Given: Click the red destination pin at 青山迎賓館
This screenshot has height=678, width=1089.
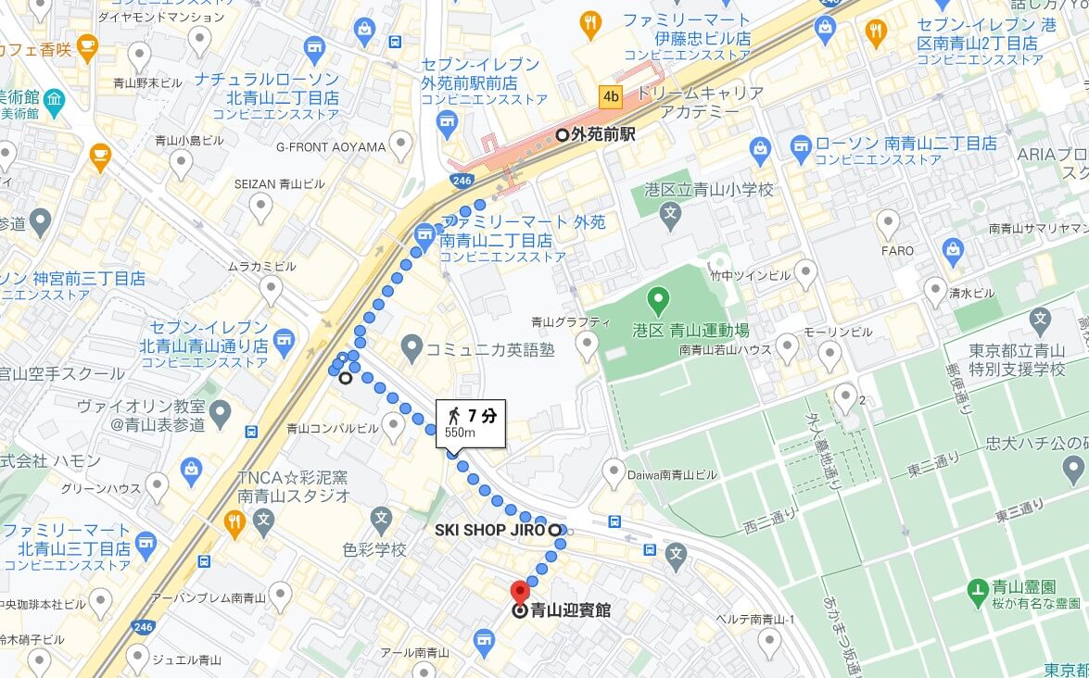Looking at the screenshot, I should [520, 591].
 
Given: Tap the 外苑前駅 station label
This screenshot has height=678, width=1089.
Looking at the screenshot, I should [602, 134].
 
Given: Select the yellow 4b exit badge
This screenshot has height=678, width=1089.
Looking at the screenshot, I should [611, 95].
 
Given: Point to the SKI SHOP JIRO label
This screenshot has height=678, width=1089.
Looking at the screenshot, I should [489, 531].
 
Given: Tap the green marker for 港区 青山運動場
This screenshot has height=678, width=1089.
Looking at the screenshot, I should [658, 299].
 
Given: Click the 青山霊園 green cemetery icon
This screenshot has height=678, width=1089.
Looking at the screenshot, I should [977, 588].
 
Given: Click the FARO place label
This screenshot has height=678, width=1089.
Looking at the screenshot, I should [896, 251].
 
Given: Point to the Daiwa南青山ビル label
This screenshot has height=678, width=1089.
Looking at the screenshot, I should [672, 475].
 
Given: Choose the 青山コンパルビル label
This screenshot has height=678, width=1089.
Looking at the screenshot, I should [332, 429].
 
